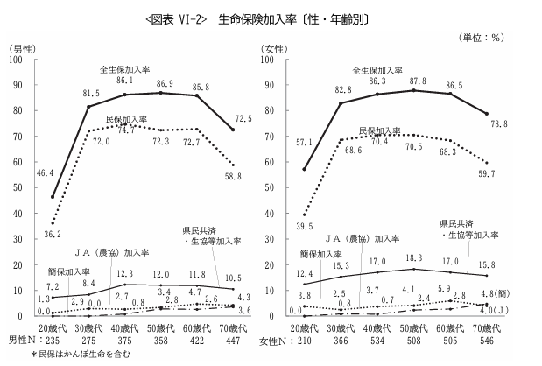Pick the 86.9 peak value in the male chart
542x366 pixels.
point(165,83)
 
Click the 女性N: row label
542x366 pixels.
point(280,338)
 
